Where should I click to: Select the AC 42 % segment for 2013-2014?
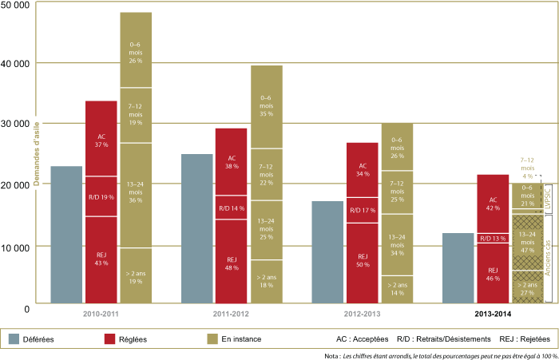pos(493,203)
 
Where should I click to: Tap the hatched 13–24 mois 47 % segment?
pos(527,243)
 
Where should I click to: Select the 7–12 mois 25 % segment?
pos(397,192)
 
